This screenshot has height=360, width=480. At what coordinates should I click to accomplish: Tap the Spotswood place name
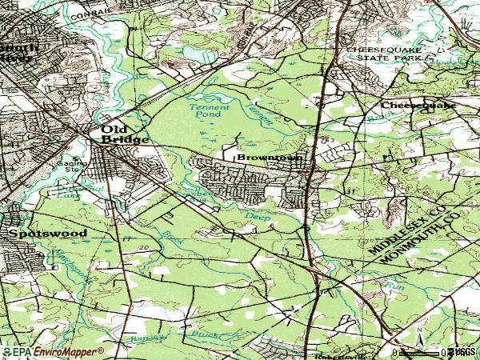pos(37,234)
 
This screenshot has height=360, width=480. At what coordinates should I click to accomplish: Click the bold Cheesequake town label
pos(418,105)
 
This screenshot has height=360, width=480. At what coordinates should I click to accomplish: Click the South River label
pos(16,52)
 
